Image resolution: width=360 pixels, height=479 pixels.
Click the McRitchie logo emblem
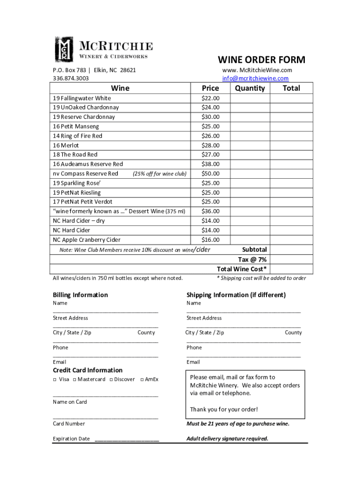coord(64,49)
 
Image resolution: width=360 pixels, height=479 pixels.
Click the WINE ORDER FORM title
coord(261,60)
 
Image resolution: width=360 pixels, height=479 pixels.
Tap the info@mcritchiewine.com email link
coord(255,79)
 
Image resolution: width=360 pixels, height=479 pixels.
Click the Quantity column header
coord(250,88)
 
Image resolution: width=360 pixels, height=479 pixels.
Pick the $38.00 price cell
coord(210,164)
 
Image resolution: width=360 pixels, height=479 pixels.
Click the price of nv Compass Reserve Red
coord(210,174)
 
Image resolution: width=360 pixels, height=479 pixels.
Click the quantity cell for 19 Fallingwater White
coord(250,98)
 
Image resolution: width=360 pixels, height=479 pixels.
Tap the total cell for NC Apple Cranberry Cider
coord(291,240)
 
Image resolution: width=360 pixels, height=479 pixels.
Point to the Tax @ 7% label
coord(252,260)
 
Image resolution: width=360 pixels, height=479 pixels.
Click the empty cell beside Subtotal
coord(291,250)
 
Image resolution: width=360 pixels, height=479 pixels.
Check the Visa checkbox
coord(55,379)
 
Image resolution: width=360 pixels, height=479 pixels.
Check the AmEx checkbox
coord(142,379)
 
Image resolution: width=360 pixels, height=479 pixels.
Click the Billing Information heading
coord(80,295)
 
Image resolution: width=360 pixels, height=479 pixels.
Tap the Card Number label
coord(69,424)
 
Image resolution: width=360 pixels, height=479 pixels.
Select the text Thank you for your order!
coord(223,409)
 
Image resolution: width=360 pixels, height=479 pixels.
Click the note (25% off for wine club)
coord(159,174)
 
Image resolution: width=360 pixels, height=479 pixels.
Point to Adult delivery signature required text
coord(227,439)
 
